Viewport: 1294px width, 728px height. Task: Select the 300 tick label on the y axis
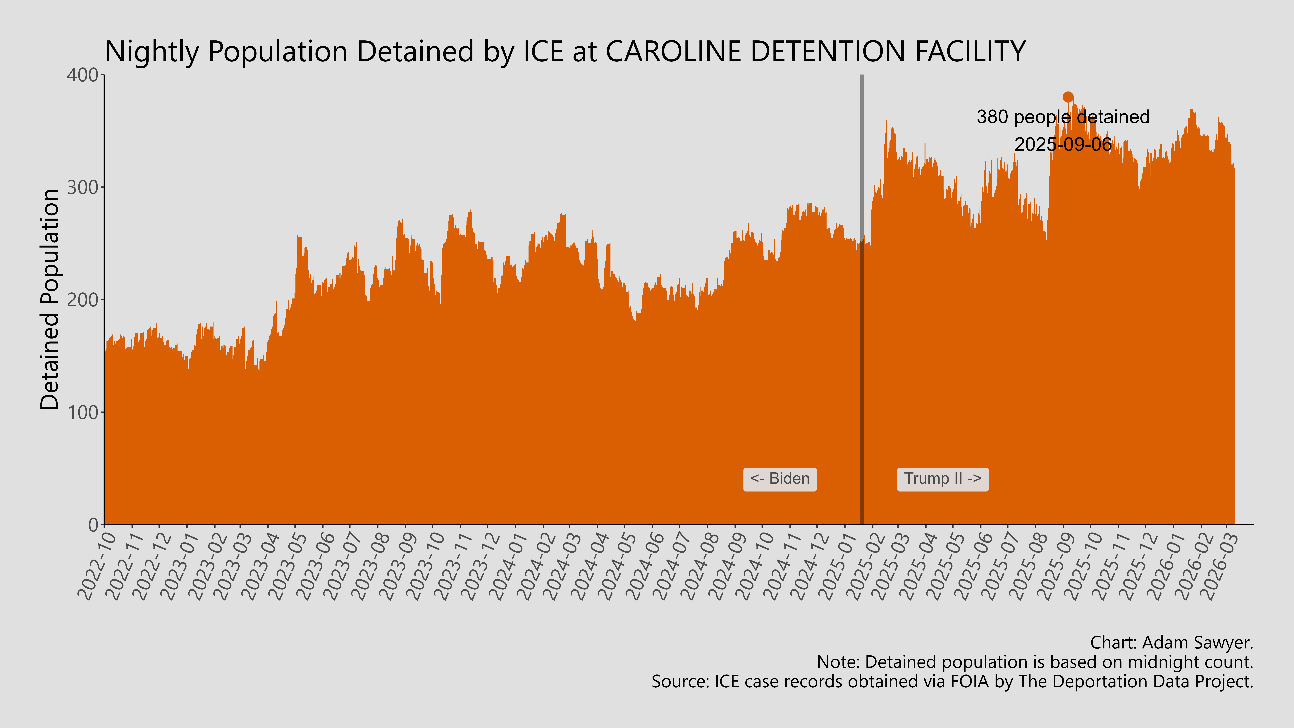click(x=83, y=187)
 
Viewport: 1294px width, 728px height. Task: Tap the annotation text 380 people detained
click(x=1063, y=117)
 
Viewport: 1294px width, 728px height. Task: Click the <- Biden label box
click(x=780, y=479)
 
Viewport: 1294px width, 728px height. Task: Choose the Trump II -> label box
click(x=942, y=479)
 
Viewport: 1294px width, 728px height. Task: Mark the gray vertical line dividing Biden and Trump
click(x=862, y=301)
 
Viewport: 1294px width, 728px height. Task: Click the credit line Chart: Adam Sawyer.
click(x=1171, y=643)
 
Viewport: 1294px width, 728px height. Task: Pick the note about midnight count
click(x=1035, y=662)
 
